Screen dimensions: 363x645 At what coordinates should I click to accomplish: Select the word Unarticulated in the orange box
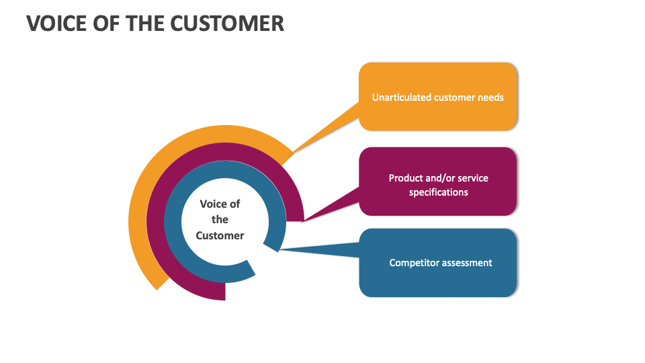pos(402,97)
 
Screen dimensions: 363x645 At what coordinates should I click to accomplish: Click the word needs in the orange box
pos(490,97)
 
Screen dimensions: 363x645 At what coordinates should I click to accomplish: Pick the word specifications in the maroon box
pos(438,192)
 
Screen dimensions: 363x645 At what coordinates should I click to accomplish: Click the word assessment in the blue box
pos(466,263)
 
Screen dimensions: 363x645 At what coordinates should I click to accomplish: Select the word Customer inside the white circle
pos(220,235)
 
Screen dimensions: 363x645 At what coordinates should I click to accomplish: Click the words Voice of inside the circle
pos(220,204)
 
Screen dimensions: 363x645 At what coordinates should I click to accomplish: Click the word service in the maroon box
pos(472,178)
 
